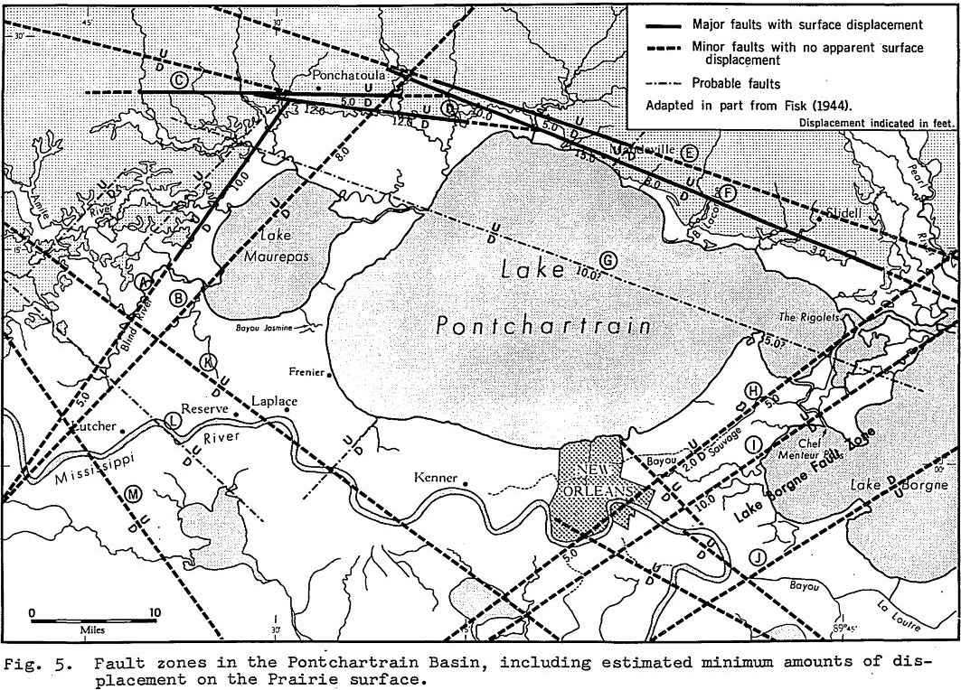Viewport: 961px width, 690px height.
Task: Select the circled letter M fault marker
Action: pos(134,492)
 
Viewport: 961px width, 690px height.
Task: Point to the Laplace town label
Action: pos(274,402)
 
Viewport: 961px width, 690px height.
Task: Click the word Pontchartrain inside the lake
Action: pos(542,326)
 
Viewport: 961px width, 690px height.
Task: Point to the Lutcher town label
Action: pos(90,424)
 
